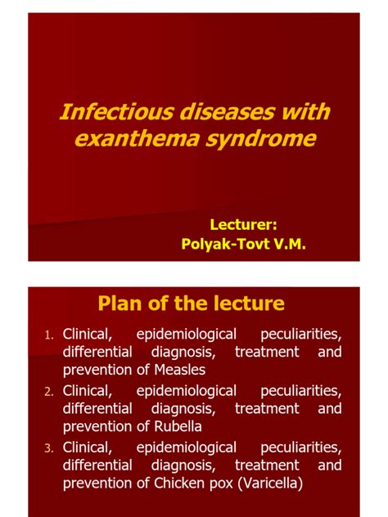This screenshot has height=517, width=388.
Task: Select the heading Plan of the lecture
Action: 191,303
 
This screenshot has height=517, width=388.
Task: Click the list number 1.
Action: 49,335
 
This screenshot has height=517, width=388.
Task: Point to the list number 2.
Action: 49,390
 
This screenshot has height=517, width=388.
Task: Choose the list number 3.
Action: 49,447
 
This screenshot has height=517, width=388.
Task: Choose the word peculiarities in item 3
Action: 300,447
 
